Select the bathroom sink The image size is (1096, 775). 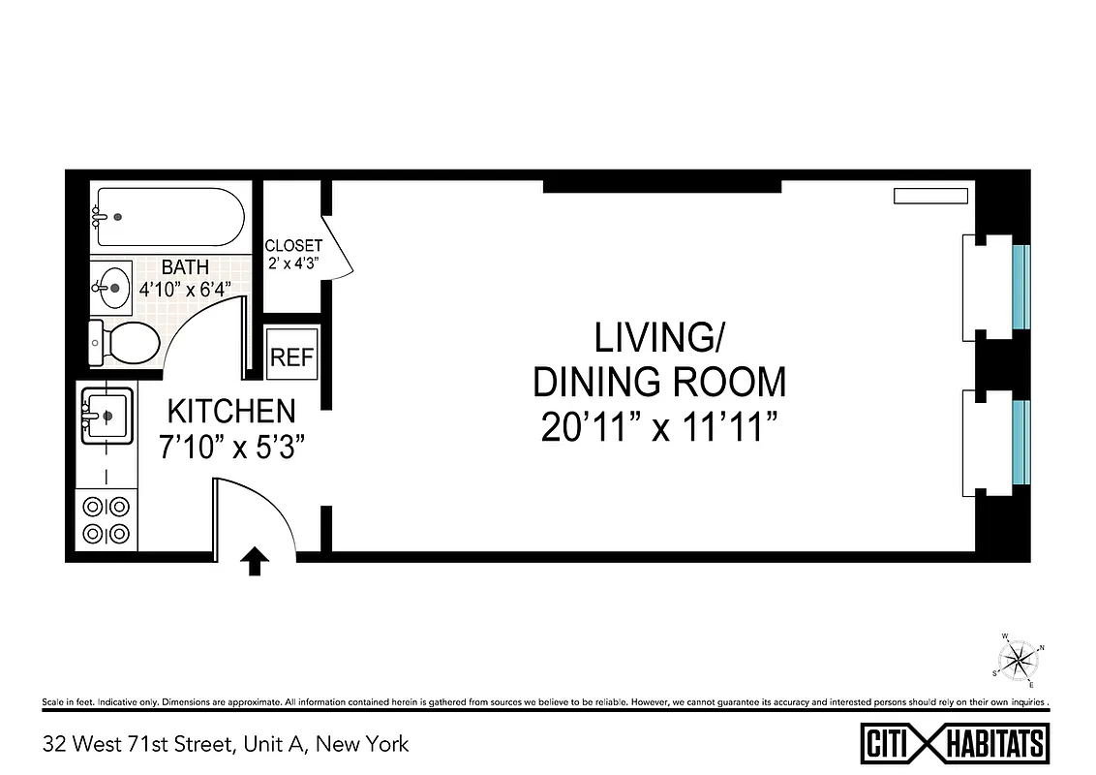[112, 287]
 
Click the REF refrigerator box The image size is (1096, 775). [291, 356]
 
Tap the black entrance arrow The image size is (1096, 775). [255, 561]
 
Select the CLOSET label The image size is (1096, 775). [293, 246]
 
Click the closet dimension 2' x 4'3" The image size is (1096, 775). [293, 263]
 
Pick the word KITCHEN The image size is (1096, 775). [231, 412]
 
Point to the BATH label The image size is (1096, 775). [185, 266]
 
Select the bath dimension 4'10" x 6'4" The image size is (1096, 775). [185, 289]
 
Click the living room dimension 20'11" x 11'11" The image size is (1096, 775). [660, 426]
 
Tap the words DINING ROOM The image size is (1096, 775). [660, 383]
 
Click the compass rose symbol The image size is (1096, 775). [1019, 661]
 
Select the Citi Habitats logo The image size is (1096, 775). [954, 744]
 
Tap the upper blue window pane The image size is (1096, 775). [1020, 287]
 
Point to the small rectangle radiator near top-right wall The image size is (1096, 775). [930, 196]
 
